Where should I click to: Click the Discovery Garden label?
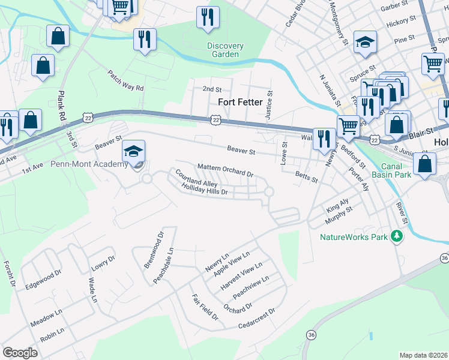225,50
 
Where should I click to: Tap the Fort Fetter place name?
240,103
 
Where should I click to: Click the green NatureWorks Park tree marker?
396,236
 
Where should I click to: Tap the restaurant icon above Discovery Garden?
208,18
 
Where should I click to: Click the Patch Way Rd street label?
126,80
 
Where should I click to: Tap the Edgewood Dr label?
43,280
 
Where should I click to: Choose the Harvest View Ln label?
241,277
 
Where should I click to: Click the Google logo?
20,353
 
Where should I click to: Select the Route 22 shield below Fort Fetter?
215,121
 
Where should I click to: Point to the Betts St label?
306,176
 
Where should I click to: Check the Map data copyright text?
423,355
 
